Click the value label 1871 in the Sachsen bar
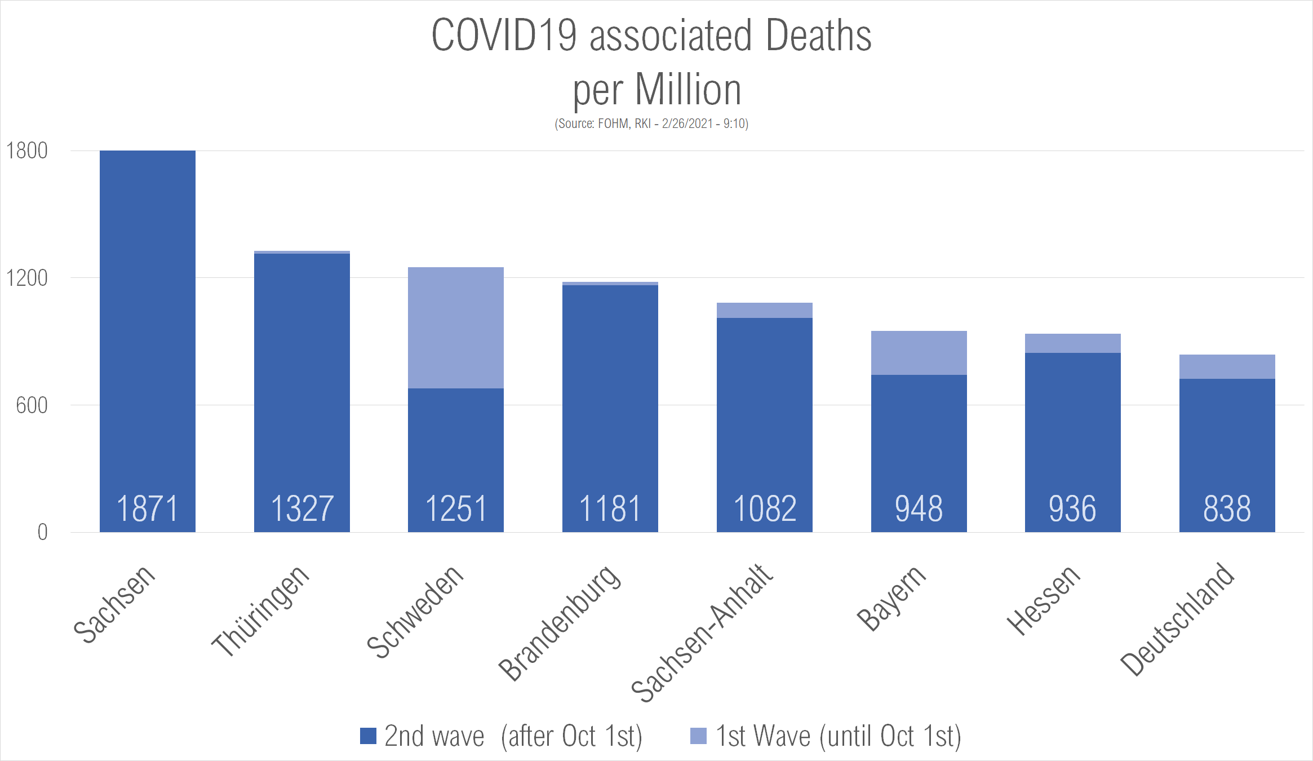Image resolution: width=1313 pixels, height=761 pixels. (148, 508)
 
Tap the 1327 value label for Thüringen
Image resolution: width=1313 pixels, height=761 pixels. (302, 508)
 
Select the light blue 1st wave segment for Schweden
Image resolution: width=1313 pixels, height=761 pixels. (456, 328)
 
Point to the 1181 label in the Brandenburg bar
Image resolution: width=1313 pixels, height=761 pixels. (610, 508)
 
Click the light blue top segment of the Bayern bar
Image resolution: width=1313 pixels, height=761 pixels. (919, 353)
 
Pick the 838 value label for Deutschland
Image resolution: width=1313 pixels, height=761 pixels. (1227, 508)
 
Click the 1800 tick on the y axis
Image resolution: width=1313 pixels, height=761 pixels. (26, 151)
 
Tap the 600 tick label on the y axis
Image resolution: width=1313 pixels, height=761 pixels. (32, 405)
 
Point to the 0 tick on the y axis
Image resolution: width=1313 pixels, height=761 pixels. (42, 532)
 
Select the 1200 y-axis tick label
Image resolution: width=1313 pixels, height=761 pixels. (26, 278)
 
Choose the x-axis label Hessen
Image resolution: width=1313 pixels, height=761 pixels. (1044, 600)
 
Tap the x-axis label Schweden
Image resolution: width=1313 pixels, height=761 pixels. (415, 611)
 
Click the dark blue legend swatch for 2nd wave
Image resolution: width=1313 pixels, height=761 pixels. (368, 736)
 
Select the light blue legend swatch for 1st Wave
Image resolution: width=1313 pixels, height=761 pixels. (698, 736)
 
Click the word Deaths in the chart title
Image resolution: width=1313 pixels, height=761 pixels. (818, 36)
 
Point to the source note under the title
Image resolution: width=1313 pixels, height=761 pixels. (651, 123)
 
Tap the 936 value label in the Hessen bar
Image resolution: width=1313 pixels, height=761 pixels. (1072, 508)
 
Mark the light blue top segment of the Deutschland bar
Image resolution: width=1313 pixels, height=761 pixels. (1227, 366)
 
